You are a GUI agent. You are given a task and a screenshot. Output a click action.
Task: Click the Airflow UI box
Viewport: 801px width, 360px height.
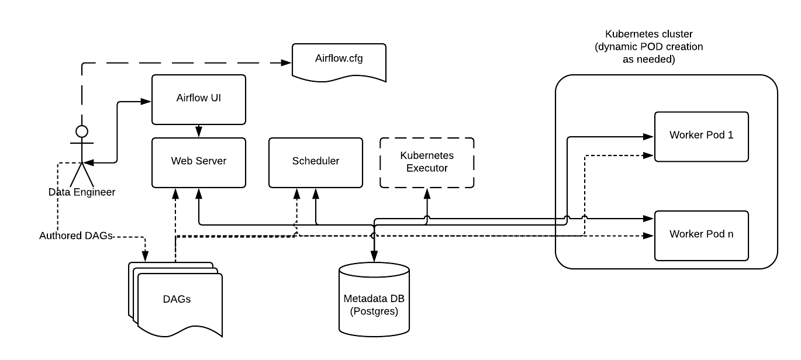tap(198, 99)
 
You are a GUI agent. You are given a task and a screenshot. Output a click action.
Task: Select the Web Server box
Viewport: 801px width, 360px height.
tap(198, 162)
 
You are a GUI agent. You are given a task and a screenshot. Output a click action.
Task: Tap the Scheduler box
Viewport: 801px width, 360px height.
tap(315, 162)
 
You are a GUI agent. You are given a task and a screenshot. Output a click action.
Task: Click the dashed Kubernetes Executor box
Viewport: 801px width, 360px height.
tap(427, 162)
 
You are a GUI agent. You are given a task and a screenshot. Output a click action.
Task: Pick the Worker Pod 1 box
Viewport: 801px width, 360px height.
tap(701, 136)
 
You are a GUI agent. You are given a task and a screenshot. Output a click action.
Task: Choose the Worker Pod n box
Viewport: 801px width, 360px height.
tap(701, 235)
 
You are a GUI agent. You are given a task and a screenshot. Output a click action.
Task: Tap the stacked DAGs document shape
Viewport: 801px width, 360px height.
tap(177, 300)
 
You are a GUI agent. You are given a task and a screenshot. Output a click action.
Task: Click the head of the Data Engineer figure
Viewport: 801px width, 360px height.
tap(82, 130)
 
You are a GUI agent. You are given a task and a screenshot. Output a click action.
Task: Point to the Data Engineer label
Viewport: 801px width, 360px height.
tap(81, 192)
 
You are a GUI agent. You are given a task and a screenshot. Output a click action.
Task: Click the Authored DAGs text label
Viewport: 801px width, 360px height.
tap(75, 236)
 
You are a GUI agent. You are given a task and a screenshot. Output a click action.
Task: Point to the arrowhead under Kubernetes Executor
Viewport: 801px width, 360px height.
tap(427, 192)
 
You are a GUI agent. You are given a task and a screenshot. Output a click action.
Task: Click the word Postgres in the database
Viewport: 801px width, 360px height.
tap(374, 311)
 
